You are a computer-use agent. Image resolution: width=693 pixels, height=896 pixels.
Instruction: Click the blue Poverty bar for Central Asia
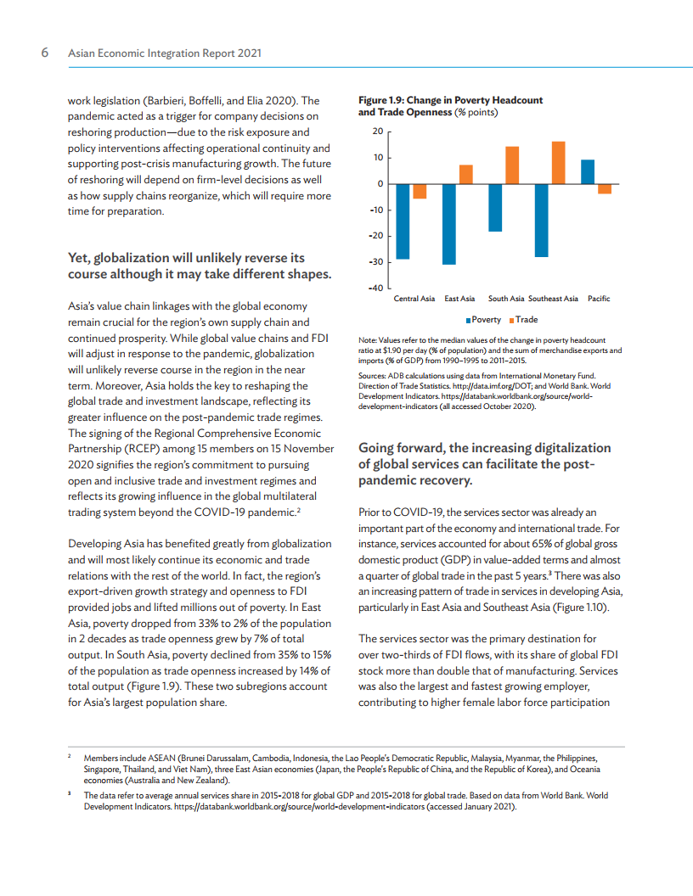[x=403, y=221]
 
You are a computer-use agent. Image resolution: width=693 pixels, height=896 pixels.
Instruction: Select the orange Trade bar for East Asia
[x=466, y=175]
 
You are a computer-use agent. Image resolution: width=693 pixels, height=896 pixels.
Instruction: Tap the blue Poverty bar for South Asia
[x=495, y=208]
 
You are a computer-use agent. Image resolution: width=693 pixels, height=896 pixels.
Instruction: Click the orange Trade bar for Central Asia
[x=420, y=192]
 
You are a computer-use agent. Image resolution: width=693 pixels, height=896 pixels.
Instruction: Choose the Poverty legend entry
[x=487, y=320]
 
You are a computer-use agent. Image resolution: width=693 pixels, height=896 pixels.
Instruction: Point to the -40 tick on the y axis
[x=375, y=288]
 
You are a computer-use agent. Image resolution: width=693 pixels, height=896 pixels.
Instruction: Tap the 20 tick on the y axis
[x=378, y=132]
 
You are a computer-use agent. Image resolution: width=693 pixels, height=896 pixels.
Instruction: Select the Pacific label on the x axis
[x=599, y=299]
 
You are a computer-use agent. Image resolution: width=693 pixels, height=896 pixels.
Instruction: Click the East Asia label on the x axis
[x=459, y=299]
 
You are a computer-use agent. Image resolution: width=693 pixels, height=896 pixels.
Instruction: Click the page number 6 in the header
[x=45, y=53]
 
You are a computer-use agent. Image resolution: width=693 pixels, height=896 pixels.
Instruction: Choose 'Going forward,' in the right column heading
[x=400, y=448]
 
